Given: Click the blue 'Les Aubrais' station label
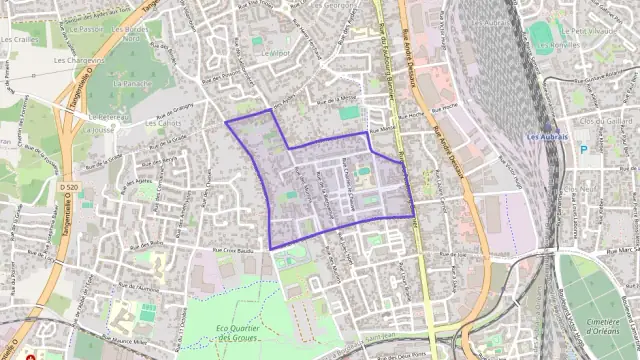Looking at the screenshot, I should [547, 136].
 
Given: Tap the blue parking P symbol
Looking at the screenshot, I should [584, 149].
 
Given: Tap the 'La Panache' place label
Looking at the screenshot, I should [132, 84].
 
